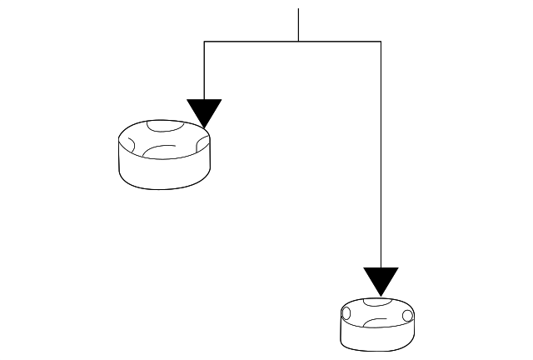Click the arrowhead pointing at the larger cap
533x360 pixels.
click(204, 112)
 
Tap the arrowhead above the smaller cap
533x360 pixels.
click(381, 281)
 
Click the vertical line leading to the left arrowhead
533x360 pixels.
click(204, 71)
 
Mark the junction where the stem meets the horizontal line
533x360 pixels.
click(298, 41)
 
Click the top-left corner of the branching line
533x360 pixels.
click(204, 41)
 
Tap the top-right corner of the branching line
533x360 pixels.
click(381, 41)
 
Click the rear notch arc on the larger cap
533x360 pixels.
click(164, 127)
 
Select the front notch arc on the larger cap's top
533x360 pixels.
click(158, 150)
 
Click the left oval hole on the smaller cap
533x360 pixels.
click(346, 315)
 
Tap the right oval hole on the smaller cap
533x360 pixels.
click(406, 316)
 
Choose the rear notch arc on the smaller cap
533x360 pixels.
click(376, 301)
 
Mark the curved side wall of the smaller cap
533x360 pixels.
click(376, 337)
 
